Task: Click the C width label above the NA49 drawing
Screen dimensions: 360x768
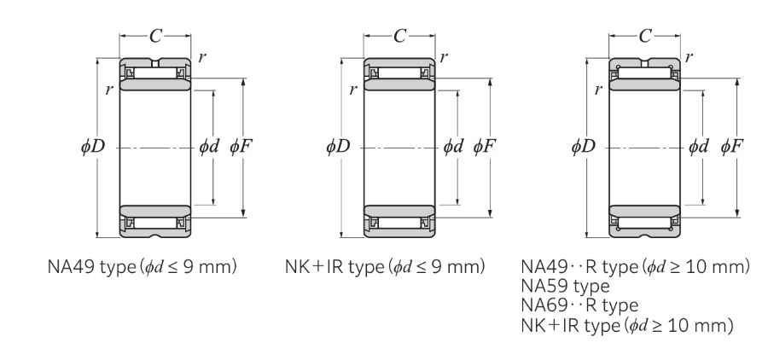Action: pos(155,37)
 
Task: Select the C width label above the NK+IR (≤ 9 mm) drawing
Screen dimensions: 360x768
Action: pos(400,37)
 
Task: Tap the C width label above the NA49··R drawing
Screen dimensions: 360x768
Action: pos(644,37)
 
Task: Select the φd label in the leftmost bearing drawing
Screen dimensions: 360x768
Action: pos(210,147)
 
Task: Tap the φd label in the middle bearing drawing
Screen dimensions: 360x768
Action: pos(454,147)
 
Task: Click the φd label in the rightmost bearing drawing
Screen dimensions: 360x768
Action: pos(699,147)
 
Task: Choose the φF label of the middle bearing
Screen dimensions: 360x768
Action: pos(486,147)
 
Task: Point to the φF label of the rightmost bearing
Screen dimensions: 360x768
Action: pos(731,147)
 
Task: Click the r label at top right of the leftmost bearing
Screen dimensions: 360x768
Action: pos(201,57)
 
